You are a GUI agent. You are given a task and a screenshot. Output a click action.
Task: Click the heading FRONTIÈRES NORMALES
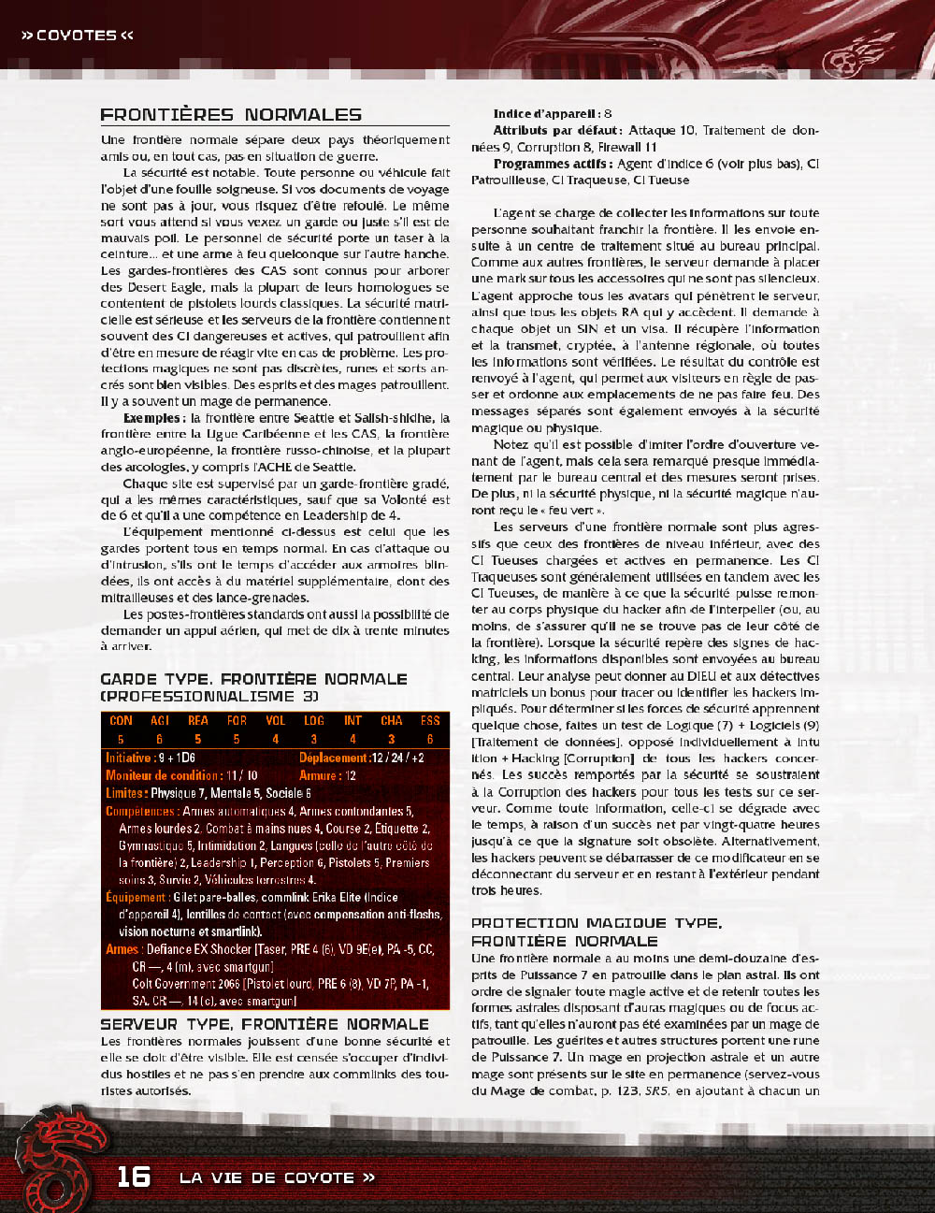click(x=231, y=115)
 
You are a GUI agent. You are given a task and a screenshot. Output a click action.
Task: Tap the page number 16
click(x=134, y=1176)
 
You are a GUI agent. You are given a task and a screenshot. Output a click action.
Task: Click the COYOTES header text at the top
click(x=77, y=36)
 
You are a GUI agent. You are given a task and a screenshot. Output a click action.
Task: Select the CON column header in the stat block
click(x=121, y=721)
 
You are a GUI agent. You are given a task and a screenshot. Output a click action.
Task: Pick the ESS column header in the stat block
click(x=430, y=721)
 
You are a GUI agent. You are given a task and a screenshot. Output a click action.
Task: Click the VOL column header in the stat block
click(x=275, y=721)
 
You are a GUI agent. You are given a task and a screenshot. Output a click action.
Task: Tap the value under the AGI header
click(x=159, y=739)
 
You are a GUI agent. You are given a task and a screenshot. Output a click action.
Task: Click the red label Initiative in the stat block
click(x=129, y=758)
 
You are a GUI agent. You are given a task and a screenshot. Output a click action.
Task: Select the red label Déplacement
click(x=333, y=758)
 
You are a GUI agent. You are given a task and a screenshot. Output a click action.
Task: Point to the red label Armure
click(x=319, y=775)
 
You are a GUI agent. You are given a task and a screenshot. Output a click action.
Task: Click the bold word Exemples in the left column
click(x=151, y=418)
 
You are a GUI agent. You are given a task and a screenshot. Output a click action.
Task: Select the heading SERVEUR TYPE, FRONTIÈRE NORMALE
click(x=265, y=1024)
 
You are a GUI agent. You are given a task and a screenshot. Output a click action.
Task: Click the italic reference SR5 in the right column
click(x=656, y=1090)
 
